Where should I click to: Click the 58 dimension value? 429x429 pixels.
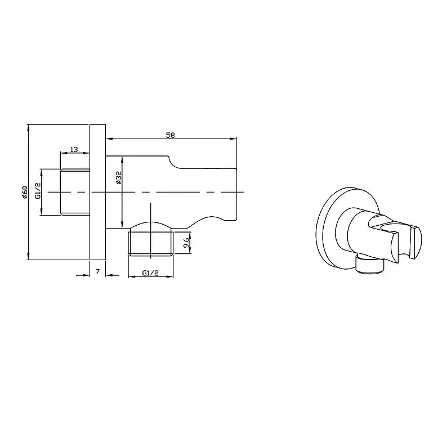click(x=169, y=135)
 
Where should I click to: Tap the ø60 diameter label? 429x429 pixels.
click(x=25, y=191)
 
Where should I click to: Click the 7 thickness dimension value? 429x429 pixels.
click(x=97, y=272)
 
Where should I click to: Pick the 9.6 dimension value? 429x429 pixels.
click(x=186, y=244)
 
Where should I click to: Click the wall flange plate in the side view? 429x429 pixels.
click(x=98, y=191)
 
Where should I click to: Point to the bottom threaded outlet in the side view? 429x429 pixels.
click(x=150, y=242)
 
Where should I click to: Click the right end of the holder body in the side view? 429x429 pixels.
click(x=235, y=191)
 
